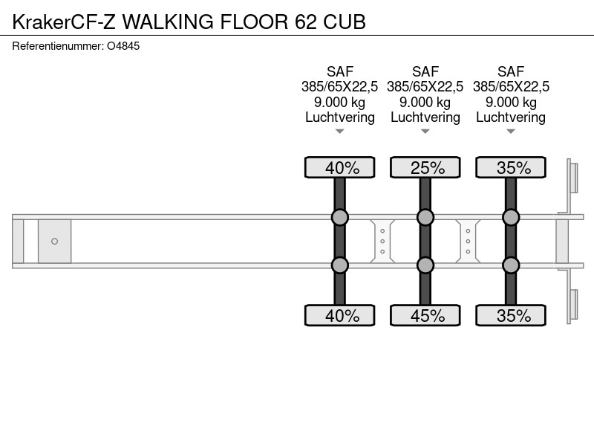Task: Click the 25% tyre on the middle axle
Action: pos(425,167)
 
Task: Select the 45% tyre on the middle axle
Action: pos(425,315)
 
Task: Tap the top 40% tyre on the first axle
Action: pos(340,167)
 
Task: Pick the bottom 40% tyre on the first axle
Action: pos(340,315)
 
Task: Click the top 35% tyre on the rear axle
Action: pos(511,167)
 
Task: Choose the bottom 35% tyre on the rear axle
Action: pos(511,315)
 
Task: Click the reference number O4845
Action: pos(123,46)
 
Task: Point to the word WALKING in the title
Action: pos(168,22)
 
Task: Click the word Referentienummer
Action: pos(58,46)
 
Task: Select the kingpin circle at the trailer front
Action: pos(54,241)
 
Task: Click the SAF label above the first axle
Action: pos(340,71)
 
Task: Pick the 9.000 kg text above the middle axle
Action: pos(425,103)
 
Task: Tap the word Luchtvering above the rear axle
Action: pos(511,117)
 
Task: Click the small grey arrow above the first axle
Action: pos(340,132)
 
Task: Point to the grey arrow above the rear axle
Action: pos(511,132)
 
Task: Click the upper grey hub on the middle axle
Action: pos(425,217)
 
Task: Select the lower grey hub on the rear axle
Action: pos(511,265)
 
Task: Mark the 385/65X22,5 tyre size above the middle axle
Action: pos(425,87)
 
